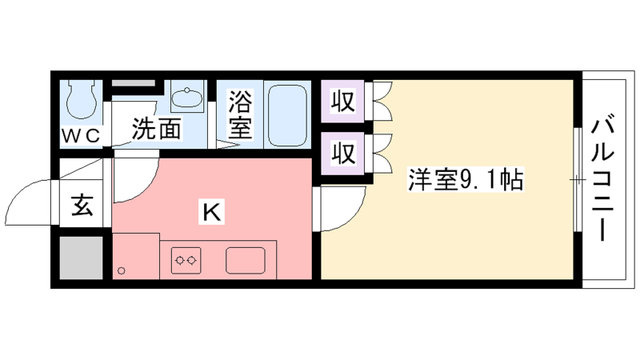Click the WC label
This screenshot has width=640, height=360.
[x=81, y=136]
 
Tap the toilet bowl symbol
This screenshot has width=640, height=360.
[x=81, y=99]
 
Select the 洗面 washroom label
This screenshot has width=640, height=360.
[x=156, y=128]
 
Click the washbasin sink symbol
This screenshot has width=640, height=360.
[x=187, y=96]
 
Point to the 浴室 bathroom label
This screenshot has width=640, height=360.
[x=240, y=114]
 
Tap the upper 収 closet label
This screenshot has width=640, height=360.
[x=342, y=101]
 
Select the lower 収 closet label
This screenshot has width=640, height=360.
[x=342, y=153]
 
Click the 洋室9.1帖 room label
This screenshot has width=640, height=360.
[x=465, y=179]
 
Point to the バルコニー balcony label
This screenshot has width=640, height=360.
[x=603, y=179]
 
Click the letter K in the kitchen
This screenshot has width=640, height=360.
[x=212, y=212]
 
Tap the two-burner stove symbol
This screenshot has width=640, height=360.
[x=186, y=260]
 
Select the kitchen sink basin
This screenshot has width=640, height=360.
[x=245, y=260]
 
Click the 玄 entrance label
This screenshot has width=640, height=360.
[x=82, y=205]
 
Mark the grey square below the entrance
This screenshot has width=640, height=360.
[x=81, y=258]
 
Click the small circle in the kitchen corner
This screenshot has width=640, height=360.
[x=121, y=270]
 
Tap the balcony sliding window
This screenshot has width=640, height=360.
[x=578, y=179]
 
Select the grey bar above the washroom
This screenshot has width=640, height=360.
[x=133, y=83]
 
